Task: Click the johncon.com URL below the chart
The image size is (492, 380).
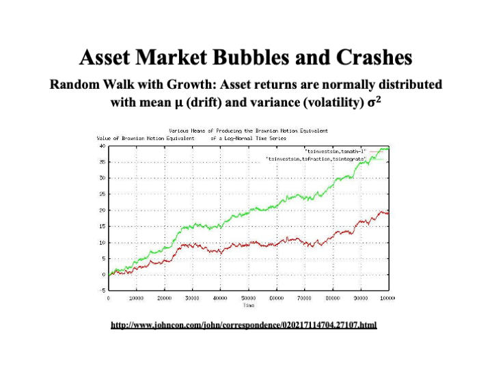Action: [243, 325]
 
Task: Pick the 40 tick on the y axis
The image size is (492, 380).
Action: [102, 146]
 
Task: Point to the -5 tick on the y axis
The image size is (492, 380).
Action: [102, 290]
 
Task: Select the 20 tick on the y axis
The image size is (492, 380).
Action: [102, 210]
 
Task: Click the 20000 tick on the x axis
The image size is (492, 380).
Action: [165, 299]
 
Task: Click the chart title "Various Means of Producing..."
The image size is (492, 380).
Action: [248, 130]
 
